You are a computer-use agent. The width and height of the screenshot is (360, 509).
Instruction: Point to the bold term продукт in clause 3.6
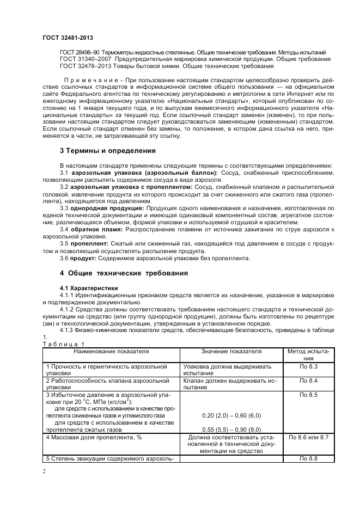point(82,259)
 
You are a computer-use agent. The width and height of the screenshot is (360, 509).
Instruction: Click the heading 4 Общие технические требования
point(124,273)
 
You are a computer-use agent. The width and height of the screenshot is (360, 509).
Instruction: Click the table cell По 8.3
point(308,367)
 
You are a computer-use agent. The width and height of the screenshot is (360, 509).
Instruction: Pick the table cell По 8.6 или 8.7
point(308,437)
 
